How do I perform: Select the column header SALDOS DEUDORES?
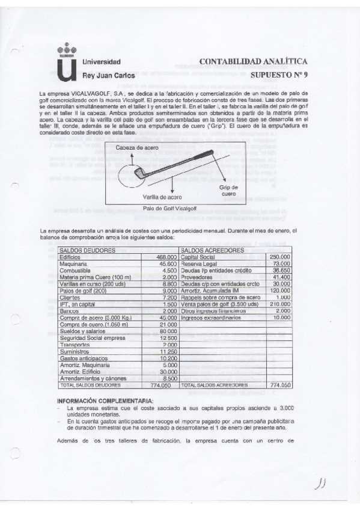(x=87, y=250)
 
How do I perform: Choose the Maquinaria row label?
(x=73, y=263)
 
